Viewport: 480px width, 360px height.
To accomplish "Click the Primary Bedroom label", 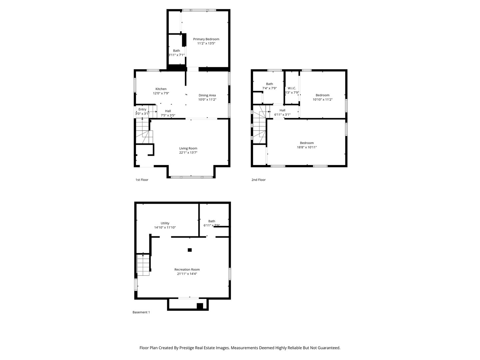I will tap(206, 39).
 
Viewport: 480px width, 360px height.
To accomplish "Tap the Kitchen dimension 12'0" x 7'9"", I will tap(161, 94).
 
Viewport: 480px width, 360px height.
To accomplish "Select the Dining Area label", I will tap(207, 95).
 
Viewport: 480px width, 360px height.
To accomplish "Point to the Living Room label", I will tap(188, 148).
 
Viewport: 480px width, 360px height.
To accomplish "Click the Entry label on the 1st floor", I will tap(142, 109).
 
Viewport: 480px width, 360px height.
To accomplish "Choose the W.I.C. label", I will tap(292, 88).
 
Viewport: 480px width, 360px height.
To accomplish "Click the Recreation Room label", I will tap(187, 270).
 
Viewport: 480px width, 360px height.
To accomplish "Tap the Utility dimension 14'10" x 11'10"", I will tap(165, 228).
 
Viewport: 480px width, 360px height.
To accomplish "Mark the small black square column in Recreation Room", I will tap(190, 250).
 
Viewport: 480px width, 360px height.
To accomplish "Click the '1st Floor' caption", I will tap(142, 180).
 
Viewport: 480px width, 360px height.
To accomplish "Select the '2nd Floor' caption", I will tap(258, 180).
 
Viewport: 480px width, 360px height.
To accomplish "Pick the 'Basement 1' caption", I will tap(141, 312).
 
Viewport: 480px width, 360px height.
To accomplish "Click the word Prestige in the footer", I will tap(188, 348).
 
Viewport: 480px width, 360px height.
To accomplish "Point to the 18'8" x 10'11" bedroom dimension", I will tap(307, 147).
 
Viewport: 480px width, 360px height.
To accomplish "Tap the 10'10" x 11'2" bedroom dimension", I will tap(322, 100).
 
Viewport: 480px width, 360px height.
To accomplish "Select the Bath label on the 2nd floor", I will tap(269, 84).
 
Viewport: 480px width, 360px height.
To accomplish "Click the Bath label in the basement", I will tap(212, 221).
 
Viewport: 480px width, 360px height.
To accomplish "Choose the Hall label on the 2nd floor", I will tap(282, 110).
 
